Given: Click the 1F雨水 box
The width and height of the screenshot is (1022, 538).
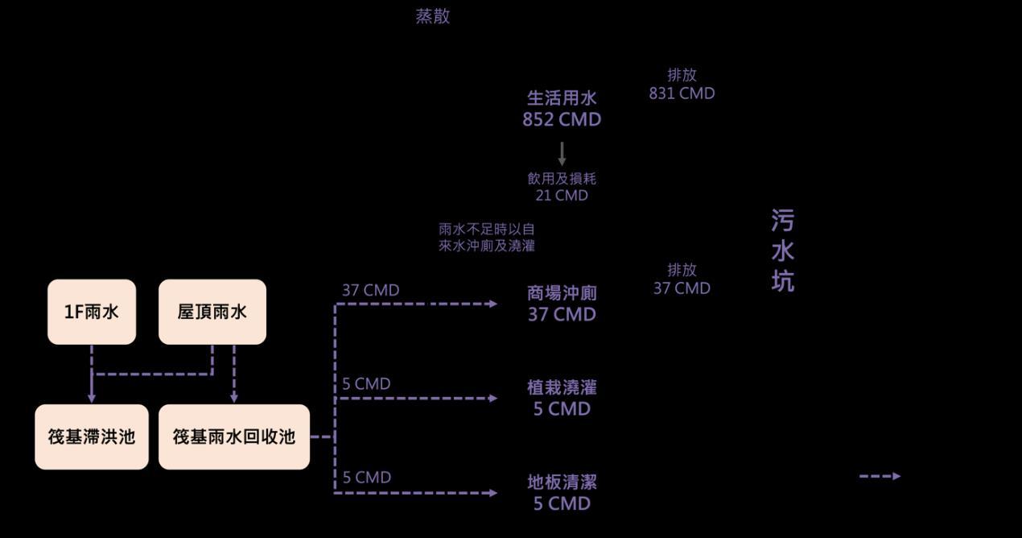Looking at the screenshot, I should [92, 312].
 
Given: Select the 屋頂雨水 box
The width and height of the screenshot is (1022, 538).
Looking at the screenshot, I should [212, 312].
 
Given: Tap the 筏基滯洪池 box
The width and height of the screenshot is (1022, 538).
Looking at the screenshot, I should [92, 437].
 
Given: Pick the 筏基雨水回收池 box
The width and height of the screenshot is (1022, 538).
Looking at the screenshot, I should [234, 437].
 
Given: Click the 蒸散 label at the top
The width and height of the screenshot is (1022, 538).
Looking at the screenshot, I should [433, 17].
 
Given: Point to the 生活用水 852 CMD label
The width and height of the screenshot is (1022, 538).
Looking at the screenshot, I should [562, 109].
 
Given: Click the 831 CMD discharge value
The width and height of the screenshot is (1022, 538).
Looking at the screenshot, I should [682, 93].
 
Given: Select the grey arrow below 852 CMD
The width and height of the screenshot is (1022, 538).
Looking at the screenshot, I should [562, 154].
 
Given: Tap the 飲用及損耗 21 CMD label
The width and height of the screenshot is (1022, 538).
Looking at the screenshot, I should [562, 187].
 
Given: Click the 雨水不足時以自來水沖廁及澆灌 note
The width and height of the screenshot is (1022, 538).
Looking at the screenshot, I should [487, 238].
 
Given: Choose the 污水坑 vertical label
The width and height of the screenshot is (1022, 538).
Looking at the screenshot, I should [782, 250].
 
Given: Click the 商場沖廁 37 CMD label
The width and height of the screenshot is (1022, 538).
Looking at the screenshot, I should [562, 304].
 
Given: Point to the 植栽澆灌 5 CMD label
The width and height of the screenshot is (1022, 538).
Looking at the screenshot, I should [562, 398].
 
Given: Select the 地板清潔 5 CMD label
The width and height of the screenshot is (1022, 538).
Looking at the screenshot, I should [562, 493].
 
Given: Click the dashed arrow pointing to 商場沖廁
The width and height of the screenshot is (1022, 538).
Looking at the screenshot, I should [418, 304].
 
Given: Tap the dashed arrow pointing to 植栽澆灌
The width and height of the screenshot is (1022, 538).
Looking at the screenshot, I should [418, 398].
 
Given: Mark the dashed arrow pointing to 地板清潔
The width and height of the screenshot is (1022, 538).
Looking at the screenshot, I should [418, 492].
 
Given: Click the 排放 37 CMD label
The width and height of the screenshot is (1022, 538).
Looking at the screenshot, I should [682, 279].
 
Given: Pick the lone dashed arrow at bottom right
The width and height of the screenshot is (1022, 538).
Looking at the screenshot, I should [880, 476].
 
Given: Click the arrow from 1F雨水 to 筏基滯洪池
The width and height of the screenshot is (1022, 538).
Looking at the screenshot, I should [92, 375].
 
